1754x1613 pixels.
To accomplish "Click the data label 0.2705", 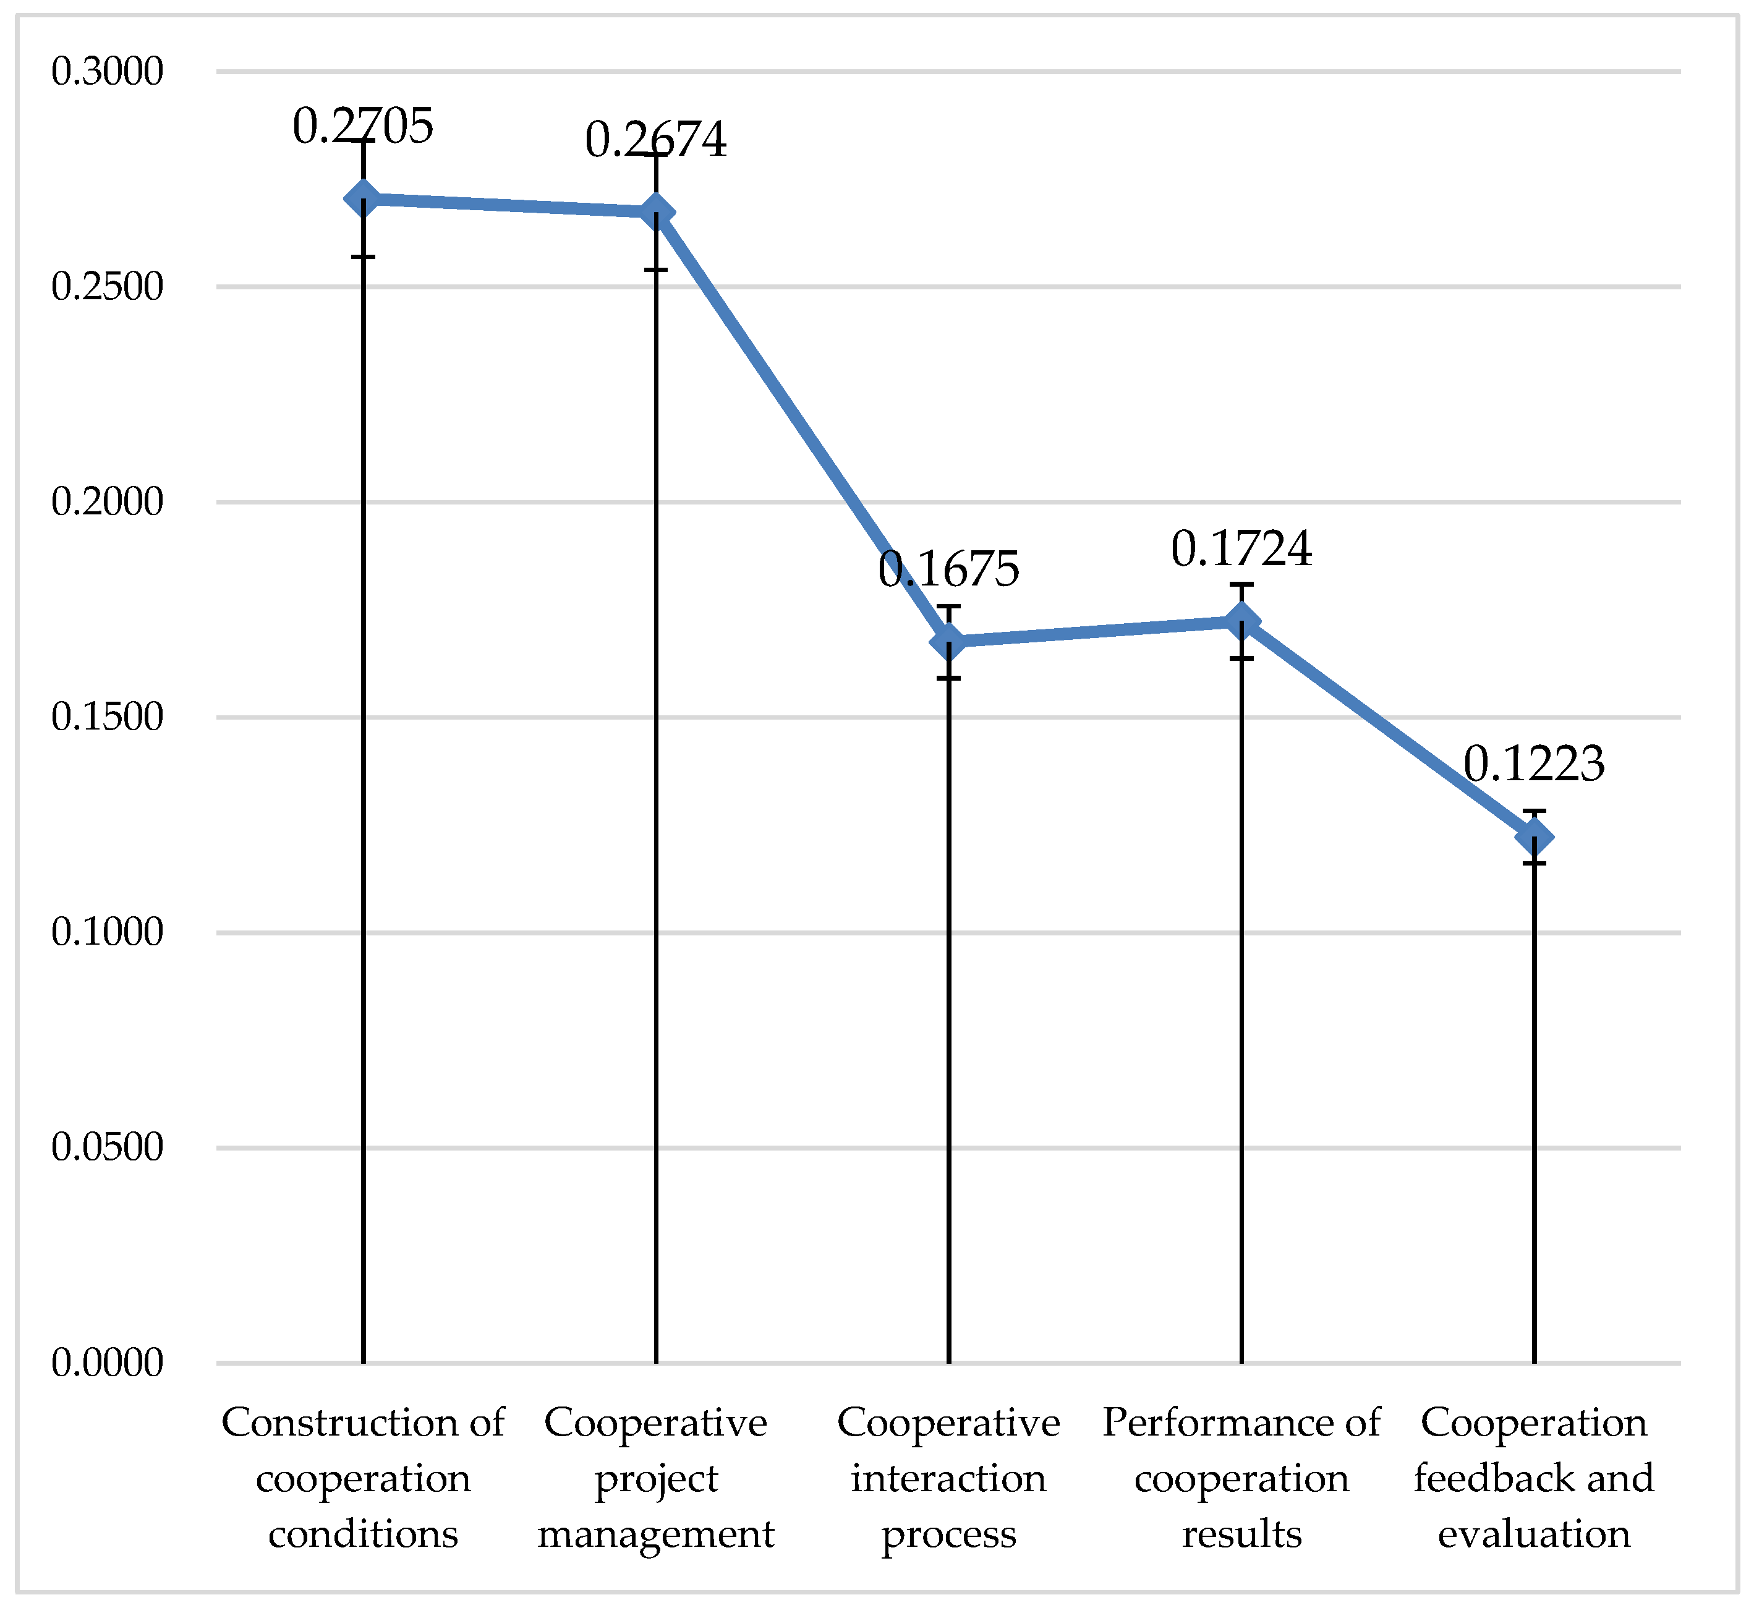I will [x=362, y=127].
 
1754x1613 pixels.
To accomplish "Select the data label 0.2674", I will [x=655, y=140].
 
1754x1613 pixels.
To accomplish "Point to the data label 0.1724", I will [x=1241, y=550].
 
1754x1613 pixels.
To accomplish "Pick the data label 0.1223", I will [x=1533, y=765].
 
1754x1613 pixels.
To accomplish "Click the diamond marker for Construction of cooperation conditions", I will [x=363, y=199].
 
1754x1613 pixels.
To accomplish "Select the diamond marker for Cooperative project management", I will [x=656, y=212].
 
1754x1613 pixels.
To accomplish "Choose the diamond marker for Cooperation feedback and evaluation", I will [x=1534, y=837].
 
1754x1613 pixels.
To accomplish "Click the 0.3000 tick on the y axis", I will [x=108, y=72].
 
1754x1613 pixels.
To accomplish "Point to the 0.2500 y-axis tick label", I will [x=108, y=287].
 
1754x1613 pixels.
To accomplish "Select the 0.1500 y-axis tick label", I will [x=108, y=717].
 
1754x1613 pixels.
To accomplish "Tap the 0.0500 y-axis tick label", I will [x=108, y=1148].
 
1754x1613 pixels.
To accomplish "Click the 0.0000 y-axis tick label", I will [x=108, y=1363].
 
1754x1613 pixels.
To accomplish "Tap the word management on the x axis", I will [x=655, y=1535].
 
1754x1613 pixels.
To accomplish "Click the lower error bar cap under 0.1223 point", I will [x=1534, y=863].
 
